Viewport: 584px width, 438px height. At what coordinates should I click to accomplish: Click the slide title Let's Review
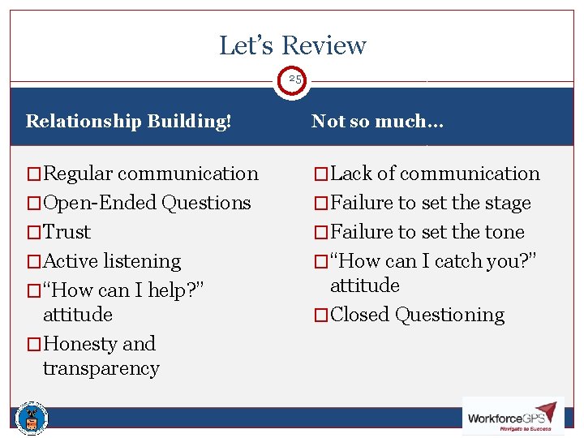click(292, 45)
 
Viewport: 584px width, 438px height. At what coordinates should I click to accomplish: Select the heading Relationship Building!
click(128, 122)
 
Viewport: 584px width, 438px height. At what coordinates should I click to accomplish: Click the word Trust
click(67, 232)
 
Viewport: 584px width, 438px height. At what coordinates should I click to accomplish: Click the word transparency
click(101, 368)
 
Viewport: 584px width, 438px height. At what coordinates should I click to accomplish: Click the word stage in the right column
click(507, 203)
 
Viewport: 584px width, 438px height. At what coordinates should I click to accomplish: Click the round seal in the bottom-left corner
click(32, 418)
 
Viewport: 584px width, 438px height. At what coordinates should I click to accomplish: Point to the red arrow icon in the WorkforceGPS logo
click(546, 410)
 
